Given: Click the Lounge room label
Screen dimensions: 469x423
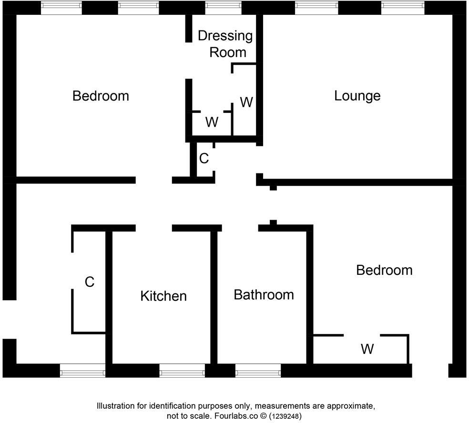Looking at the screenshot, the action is [x=357, y=96].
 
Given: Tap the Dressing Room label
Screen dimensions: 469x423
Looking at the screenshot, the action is [x=225, y=43].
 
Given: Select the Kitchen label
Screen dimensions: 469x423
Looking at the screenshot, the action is [x=163, y=296].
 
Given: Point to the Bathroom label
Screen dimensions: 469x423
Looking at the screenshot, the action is [x=264, y=294].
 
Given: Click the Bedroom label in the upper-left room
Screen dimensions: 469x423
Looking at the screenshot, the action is [x=101, y=96].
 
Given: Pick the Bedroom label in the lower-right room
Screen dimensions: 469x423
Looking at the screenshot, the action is [x=384, y=270].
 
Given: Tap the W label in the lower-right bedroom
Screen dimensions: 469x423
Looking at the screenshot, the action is [x=367, y=349].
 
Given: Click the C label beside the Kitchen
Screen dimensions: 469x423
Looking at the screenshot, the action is [x=90, y=282].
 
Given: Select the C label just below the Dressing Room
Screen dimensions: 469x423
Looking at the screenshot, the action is [x=204, y=159].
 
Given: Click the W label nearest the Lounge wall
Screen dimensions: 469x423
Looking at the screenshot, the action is [x=246, y=102].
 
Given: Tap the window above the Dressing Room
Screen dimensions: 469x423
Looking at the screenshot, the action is [x=223, y=7].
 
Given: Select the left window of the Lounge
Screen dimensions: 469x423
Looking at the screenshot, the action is [x=316, y=7].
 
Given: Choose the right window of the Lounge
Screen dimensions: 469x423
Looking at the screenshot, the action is [x=402, y=7].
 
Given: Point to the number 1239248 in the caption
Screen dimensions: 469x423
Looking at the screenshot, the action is [x=285, y=416].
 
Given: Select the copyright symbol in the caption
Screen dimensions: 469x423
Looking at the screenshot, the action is [x=263, y=416].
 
